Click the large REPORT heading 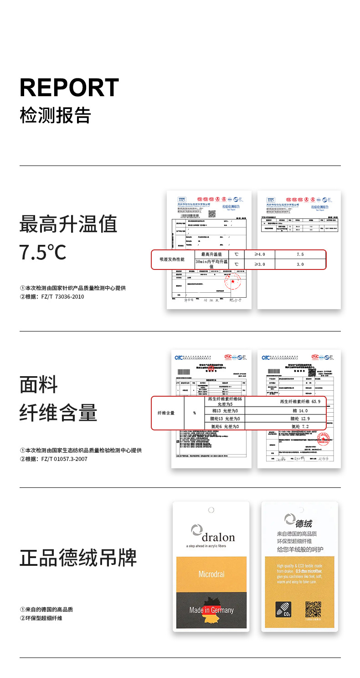coord(69,88)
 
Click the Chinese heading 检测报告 coord(55,115)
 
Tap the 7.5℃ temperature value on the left coord(43,253)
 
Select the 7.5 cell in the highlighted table coord(300,254)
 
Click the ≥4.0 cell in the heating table coord(260,254)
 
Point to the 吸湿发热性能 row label coord(172,259)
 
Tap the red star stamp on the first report coord(233,282)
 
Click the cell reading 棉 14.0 coord(299,410)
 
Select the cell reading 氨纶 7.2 coord(299,426)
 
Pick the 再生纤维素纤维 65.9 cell coord(300,402)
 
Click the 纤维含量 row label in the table coord(166,413)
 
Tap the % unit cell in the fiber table coord(195,413)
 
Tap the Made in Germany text coord(211,610)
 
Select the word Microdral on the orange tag coord(211,574)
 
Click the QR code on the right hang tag coord(314,609)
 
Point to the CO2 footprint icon coord(283,610)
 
